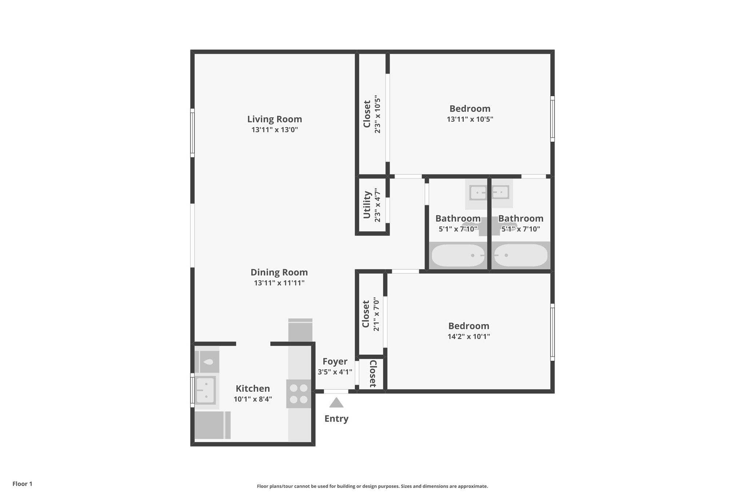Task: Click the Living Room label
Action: [274, 119]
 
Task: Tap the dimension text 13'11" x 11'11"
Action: [279, 283]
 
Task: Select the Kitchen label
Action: [252, 388]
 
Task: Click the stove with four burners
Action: [299, 394]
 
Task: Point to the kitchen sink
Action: [206, 390]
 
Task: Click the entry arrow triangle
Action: [336, 403]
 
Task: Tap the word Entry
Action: [336, 419]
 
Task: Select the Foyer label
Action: [335, 362]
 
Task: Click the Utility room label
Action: [367, 205]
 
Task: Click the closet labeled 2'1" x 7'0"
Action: [371, 314]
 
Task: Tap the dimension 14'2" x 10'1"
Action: [469, 336]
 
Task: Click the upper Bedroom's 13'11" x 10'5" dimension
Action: [470, 119]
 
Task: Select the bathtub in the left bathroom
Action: [458, 255]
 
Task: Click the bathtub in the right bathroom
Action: [521, 255]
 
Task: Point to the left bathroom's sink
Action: [478, 193]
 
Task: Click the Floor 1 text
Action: [22, 484]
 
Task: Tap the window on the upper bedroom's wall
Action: [552, 119]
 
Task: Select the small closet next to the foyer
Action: [372, 374]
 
